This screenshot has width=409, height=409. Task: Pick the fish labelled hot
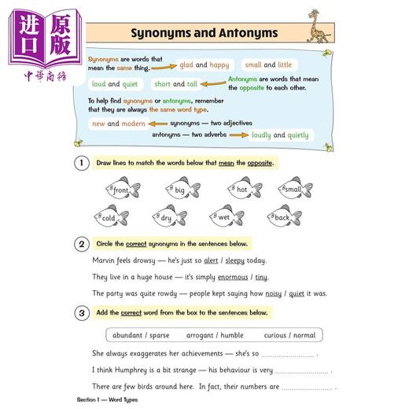click(x=244, y=190)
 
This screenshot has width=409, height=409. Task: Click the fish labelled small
click(x=294, y=190)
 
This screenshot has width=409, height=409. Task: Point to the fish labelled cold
click(x=111, y=217)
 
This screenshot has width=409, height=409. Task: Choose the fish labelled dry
click(x=170, y=218)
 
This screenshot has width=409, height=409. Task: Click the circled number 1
click(x=81, y=163)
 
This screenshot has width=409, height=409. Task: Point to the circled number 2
click(x=81, y=244)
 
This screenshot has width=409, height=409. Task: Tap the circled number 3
click(x=81, y=312)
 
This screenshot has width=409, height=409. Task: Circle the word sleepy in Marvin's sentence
click(x=235, y=260)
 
